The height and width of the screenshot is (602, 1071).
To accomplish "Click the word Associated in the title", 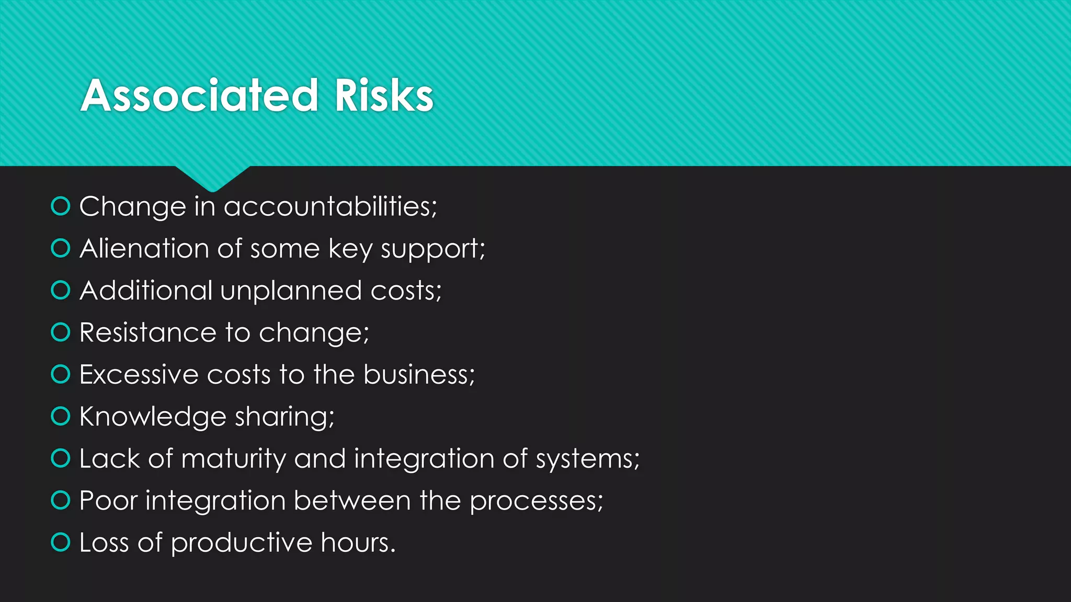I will (x=199, y=96).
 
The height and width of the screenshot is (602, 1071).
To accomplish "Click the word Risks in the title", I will (x=384, y=96).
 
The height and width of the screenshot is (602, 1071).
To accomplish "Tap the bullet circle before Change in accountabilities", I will (x=61, y=206).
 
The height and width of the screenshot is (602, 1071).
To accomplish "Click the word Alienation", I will (x=144, y=248).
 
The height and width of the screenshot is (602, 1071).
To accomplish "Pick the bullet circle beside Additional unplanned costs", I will (x=61, y=290).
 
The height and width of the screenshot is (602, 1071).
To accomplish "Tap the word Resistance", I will (x=147, y=332).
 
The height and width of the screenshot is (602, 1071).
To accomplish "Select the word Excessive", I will (x=139, y=375).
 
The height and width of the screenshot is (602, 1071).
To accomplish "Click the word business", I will (x=418, y=375).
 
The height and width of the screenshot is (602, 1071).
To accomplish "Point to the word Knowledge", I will (x=152, y=417).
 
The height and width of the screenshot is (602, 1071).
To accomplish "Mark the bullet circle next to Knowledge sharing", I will (x=61, y=416).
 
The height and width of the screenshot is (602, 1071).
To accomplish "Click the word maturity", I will (x=233, y=459).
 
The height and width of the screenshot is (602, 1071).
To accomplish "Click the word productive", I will (x=241, y=543).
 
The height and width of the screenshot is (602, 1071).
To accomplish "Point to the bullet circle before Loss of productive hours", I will (x=61, y=542).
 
